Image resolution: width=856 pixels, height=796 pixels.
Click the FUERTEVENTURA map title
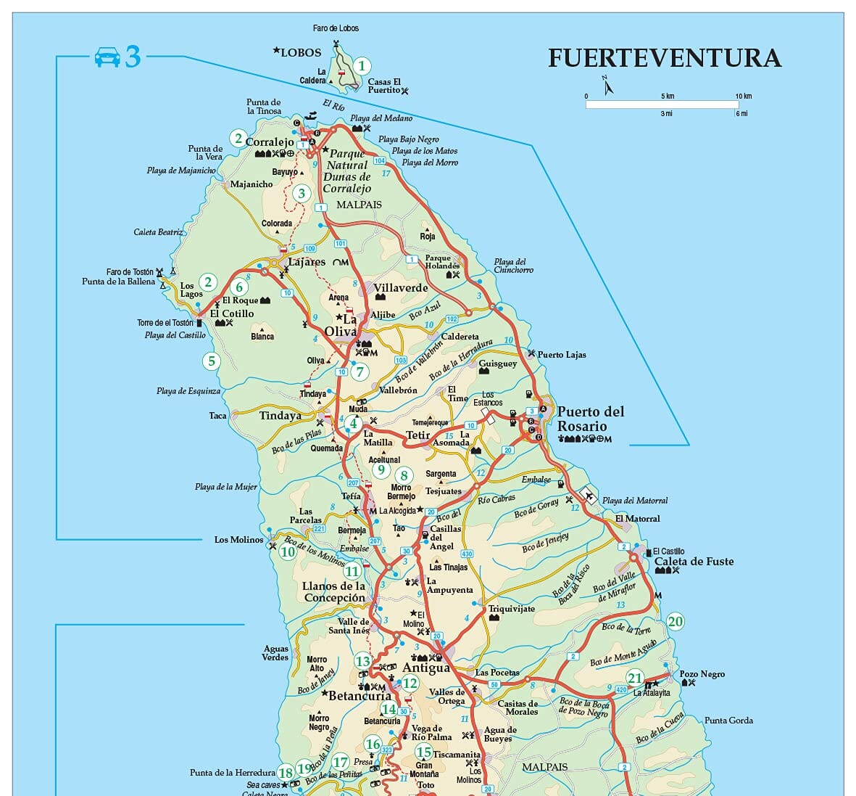click(x=664, y=58)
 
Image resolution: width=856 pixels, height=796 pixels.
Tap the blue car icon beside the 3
click(x=107, y=57)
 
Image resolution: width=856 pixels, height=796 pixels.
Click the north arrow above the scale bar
click(x=607, y=86)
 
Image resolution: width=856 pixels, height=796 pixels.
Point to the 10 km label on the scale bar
click(x=743, y=96)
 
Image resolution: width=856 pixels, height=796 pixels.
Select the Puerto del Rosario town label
click(x=590, y=419)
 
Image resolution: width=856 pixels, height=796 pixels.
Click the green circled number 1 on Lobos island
click(x=362, y=67)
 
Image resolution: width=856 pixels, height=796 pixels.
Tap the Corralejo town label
click(x=270, y=142)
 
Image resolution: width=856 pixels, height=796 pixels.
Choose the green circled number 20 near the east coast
click(x=675, y=621)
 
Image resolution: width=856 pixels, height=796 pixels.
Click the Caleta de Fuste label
click(x=694, y=561)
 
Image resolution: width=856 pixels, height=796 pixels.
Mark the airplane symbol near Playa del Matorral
click(x=589, y=496)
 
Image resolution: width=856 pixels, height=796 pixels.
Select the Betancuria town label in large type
click(x=360, y=696)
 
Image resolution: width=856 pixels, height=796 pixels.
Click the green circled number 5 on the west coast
click(x=211, y=361)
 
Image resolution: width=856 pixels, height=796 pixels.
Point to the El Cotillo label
click(x=232, y=313)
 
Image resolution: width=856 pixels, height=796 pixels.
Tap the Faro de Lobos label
click(x=336, y=28)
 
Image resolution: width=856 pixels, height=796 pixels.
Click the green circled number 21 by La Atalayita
click(x=635, y=678)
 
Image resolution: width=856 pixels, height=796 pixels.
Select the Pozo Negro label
click(x=702, y=674)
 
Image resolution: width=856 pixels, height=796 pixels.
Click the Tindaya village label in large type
click(x=281, y=416)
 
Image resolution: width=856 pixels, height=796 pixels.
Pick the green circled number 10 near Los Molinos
click(x=288, y=551)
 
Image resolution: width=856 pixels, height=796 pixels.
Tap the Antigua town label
click(x=426, y=668)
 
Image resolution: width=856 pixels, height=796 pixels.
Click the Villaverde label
click(x=401, y=287)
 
